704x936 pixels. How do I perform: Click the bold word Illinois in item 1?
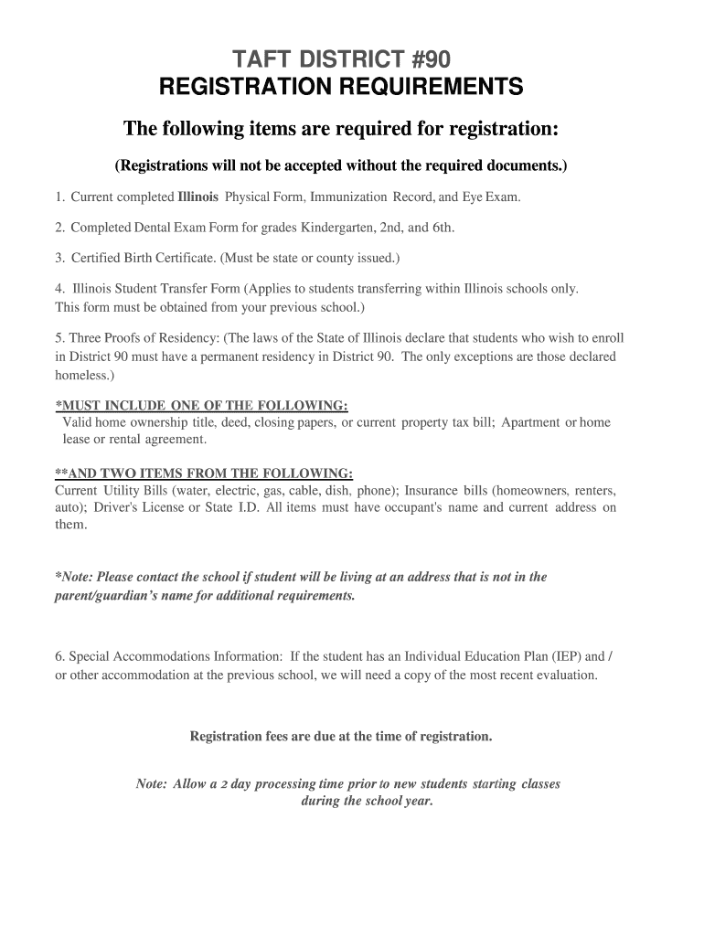[x=197, y=197]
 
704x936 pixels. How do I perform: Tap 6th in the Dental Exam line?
[x=443, y=228]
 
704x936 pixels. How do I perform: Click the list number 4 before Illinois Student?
[x=59, y=289]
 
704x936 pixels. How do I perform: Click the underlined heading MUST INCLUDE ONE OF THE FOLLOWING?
[x=201, y=405]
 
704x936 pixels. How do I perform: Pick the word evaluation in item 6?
[x=567, y=675]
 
